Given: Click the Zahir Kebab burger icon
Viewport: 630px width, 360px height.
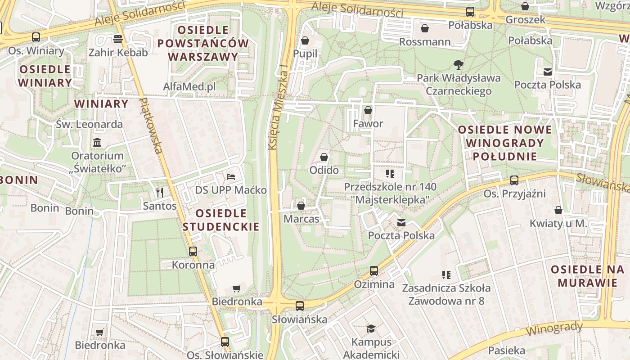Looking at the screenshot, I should [118, 39].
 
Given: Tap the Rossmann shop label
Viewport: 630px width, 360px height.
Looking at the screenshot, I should [425, 42].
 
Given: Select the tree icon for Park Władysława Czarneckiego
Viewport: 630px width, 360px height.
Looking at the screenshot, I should [459, 65].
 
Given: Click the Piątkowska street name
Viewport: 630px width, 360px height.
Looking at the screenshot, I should [150, 126].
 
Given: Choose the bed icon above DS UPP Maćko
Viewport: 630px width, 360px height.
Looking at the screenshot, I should [231, 176].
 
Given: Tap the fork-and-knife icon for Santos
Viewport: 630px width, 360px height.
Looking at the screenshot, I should [159, 193].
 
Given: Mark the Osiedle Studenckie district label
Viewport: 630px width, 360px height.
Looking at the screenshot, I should [221, 220].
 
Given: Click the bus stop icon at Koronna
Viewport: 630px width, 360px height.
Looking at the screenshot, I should [193, 252].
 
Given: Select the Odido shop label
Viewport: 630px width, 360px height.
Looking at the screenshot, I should [324, 171].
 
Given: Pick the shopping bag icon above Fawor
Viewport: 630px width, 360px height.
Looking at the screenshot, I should [368, 110].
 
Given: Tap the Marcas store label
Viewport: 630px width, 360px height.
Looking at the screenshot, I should [301, 219].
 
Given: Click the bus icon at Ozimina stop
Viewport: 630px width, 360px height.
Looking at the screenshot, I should [374, 271].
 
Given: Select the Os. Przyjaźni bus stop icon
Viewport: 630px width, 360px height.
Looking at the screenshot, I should [514, 180].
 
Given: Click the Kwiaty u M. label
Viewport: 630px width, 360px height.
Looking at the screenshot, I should [558, 223].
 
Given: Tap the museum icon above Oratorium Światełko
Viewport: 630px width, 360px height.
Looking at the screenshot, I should [97, 143].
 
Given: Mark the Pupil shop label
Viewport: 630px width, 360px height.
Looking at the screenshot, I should [305, 54].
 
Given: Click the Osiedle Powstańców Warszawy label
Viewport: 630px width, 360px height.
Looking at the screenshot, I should [203, 44].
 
